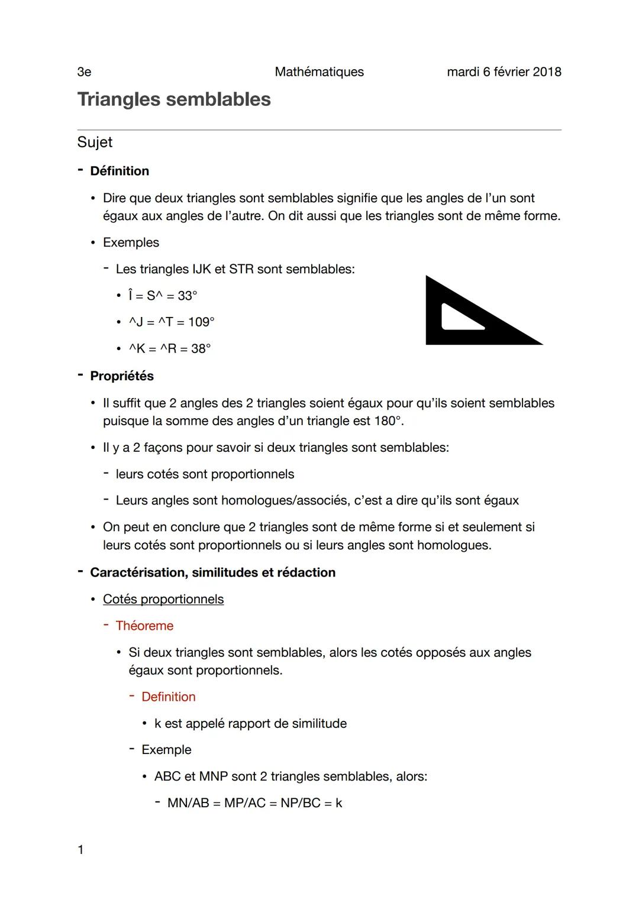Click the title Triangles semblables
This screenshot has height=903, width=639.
click(x=174, y=99)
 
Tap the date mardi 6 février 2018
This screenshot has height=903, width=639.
click(x=504, y=72)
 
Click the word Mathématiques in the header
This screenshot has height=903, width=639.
click(x=319, y=72)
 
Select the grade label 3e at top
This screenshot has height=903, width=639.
click(x=84, y=72)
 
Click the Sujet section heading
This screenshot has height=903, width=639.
click(x=95, y=143)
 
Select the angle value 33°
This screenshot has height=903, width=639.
click(x=188, y=296)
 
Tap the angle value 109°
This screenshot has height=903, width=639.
click(x=201, y=322)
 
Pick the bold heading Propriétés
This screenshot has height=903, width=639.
click(x=122, y=376)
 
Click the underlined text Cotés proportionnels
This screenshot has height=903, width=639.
click(x=163, y=599)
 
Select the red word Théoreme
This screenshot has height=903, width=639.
click(x=144, y=626)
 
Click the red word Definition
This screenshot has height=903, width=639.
click(x=169, y=697)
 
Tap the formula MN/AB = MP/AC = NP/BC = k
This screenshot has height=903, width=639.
click(x=254, y=803)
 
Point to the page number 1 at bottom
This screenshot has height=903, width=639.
click(x=80, y=850)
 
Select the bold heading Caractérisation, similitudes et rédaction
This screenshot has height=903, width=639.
click(x=212, y=572)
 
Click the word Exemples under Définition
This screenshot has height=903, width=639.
click(x=131, y=242)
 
